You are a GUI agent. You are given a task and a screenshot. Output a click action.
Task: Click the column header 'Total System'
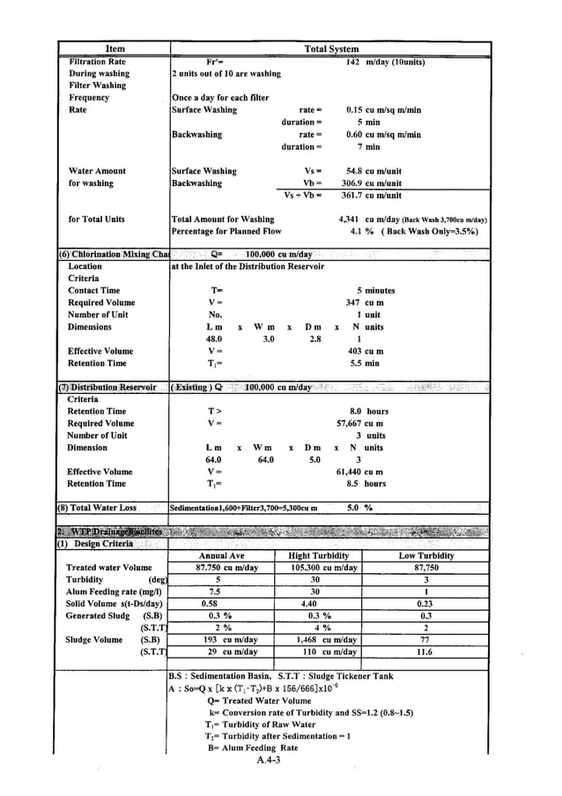[x=330, y=49]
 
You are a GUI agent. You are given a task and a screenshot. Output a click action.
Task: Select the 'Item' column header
[x=115, y=49]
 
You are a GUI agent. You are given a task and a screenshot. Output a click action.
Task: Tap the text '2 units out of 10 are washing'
[x=226, y=74]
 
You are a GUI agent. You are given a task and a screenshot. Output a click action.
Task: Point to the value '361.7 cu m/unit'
[x=373, y=196]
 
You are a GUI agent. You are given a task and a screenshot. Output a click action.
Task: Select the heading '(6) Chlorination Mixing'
[x=113, y=254]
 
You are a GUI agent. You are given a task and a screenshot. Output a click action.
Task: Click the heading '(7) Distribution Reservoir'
[x=107, y=387]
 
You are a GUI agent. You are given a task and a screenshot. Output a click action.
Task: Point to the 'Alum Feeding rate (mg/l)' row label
[x=116, y=592]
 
